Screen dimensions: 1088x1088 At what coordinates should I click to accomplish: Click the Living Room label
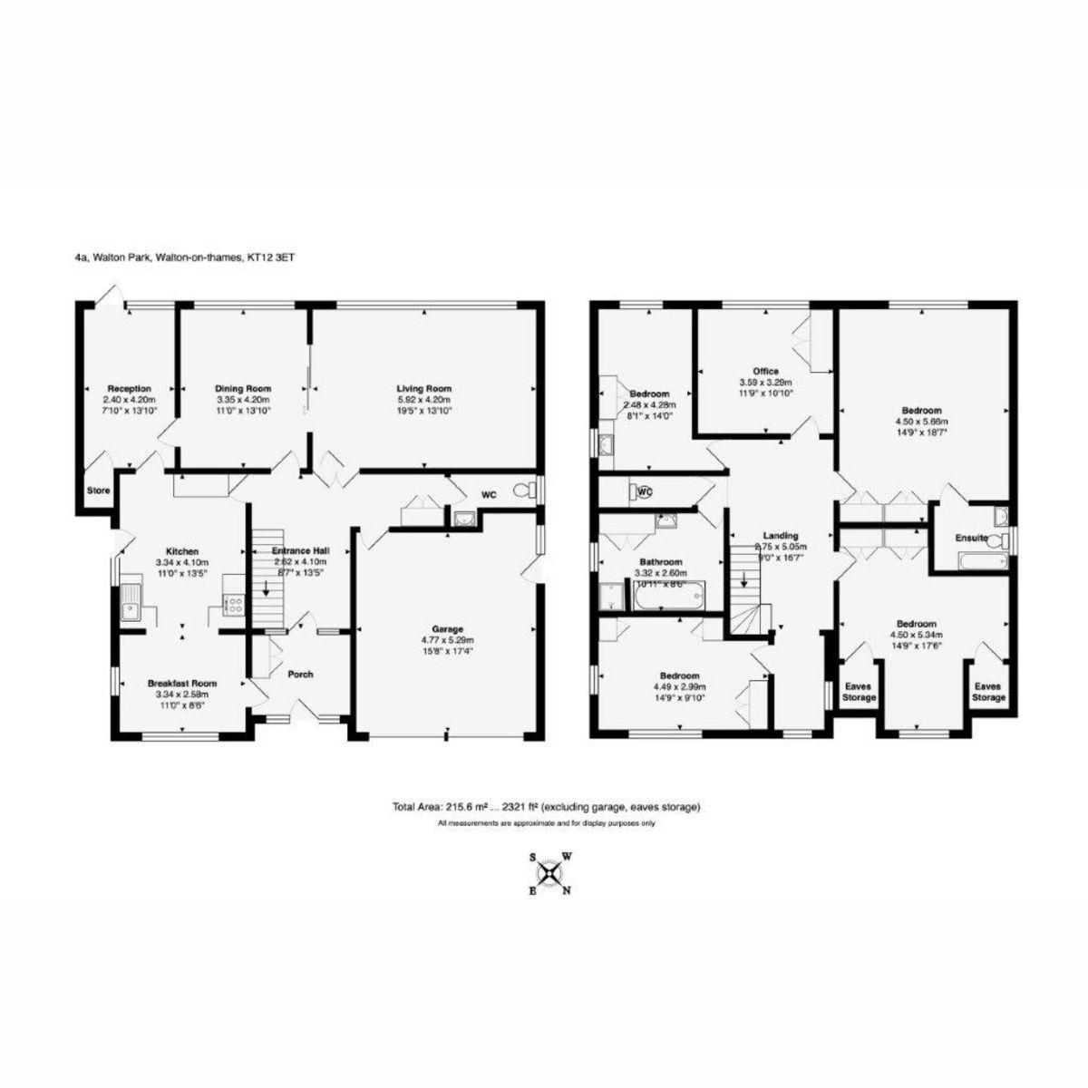pyautogui.click(x=425, y=389)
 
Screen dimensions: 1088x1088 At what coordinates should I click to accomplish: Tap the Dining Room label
pyautogui.click(x=243, y=389)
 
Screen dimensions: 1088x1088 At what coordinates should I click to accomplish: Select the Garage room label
pyautogui.click(x=447, y=628)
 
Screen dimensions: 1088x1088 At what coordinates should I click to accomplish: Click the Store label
pyautogui.click(x=98, y=491)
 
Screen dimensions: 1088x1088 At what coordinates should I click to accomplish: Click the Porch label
pyautogui.click(x=300, y=674)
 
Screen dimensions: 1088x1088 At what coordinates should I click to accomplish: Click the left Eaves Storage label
pyautogui.click(x=859, y=692)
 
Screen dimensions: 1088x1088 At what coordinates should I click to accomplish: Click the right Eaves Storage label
pyautogui.click(x=988, y=692)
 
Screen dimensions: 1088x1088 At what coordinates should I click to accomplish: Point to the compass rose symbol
pyautogui.click(x=549, y=873)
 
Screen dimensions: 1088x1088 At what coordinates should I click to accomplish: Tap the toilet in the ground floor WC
pyautogui.click(x=522, y=491)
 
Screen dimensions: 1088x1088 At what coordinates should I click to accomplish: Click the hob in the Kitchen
pyautogui.click(x=230, y=604)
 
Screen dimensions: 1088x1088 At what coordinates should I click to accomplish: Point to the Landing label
pyautogui.click(x=781, y=536)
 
